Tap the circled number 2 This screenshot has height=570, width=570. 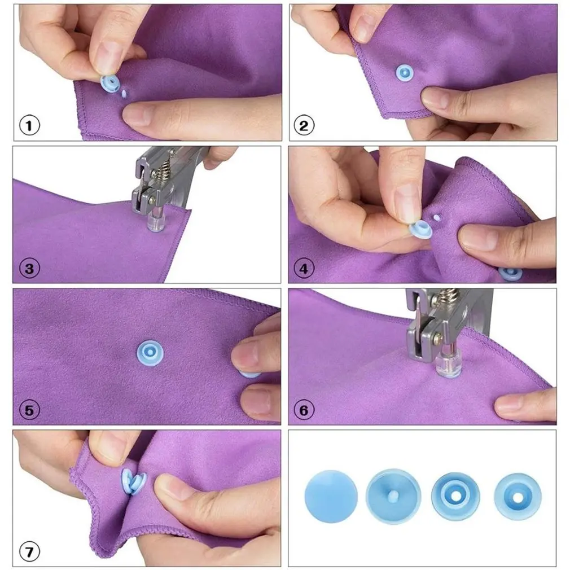[304, 125]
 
